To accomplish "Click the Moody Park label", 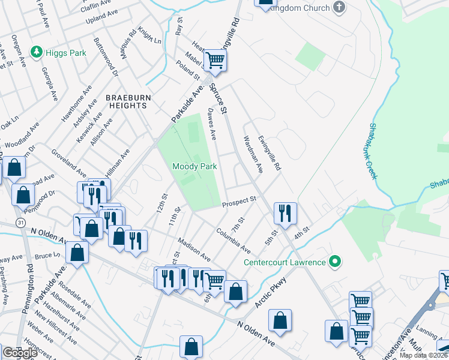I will point(194,166).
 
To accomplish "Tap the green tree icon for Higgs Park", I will point(37,53).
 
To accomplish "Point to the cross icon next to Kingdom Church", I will point(340,8).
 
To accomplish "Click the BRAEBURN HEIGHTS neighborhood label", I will point(127,101).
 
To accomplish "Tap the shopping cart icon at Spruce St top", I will point(214,60).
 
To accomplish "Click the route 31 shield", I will point(20,222).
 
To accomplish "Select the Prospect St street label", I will point(239,202).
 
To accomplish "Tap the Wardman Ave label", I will point(252,154).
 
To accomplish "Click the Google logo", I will point(20,353).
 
